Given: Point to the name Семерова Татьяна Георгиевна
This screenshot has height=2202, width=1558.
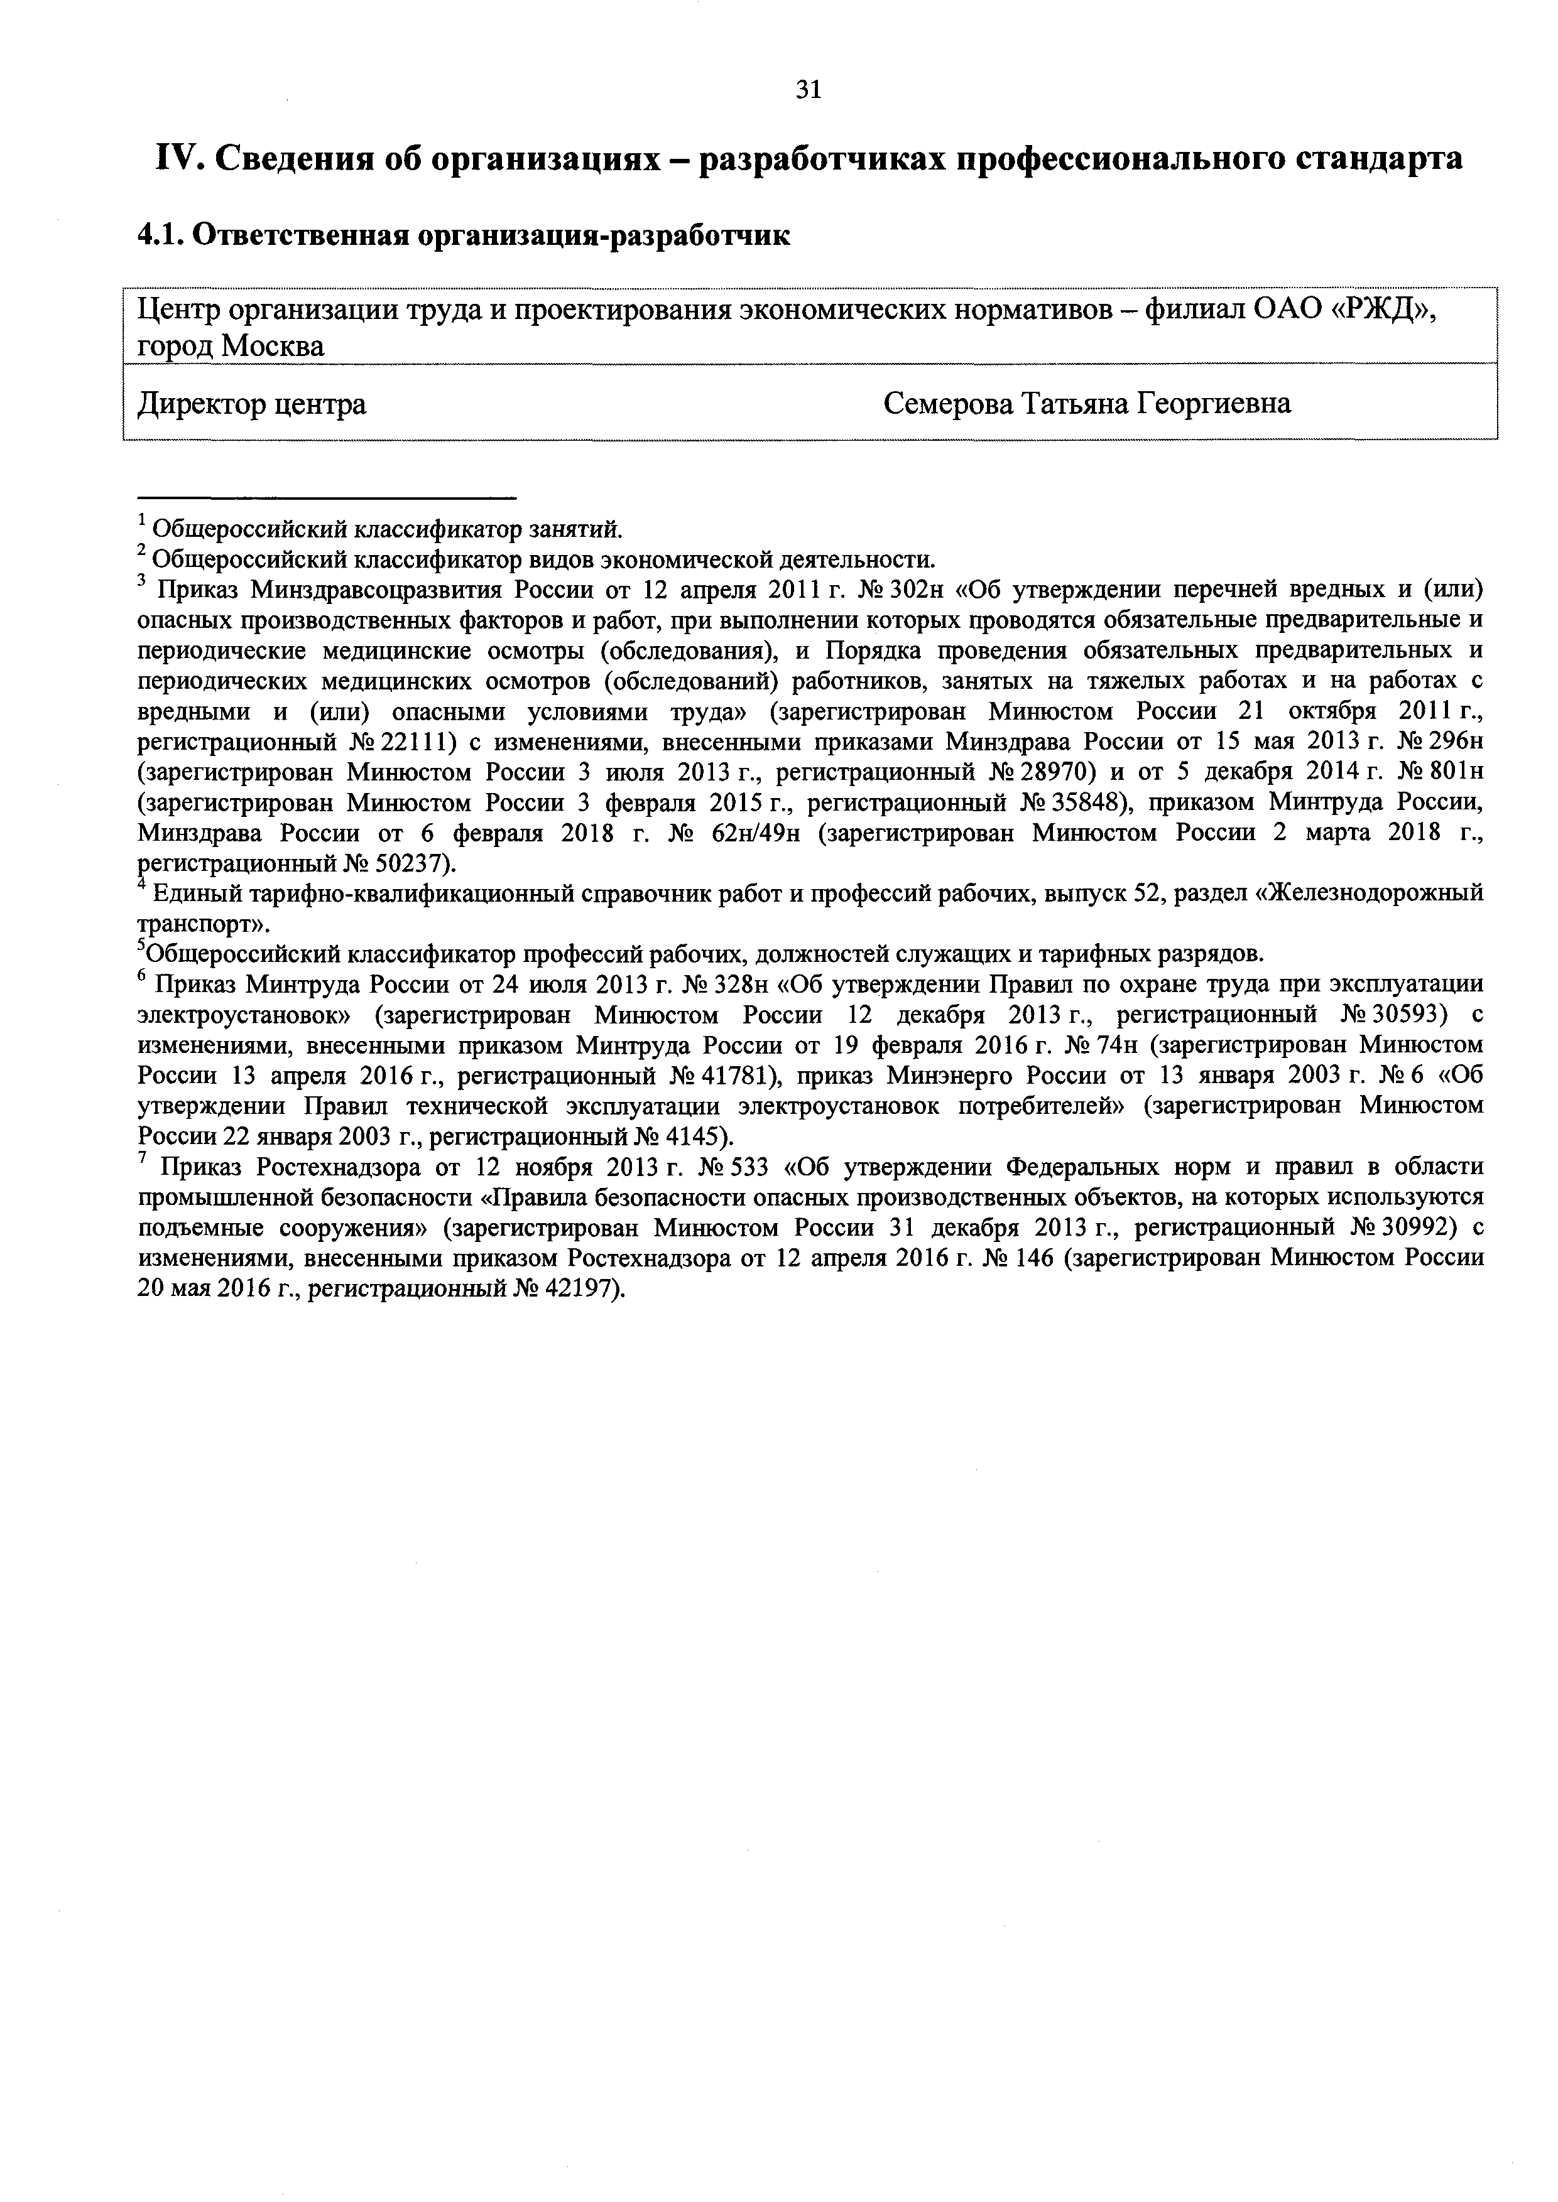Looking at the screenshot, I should (x=1086, y=404).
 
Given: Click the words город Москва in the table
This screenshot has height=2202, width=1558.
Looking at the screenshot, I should (x=231, y=346).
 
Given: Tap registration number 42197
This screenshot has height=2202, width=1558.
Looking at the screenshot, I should (x=579, y=1289).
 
